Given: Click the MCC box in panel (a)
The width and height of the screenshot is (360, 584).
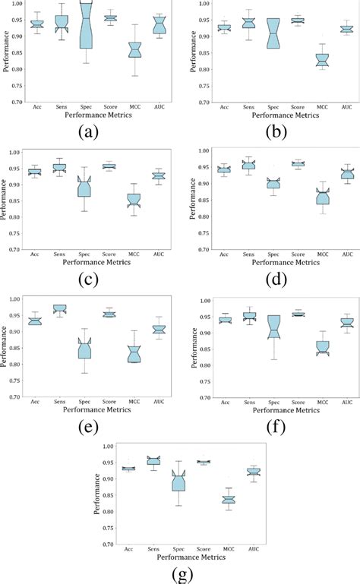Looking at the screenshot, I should click(134, 50).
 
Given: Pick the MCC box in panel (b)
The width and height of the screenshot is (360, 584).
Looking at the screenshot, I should click(322, 59).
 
